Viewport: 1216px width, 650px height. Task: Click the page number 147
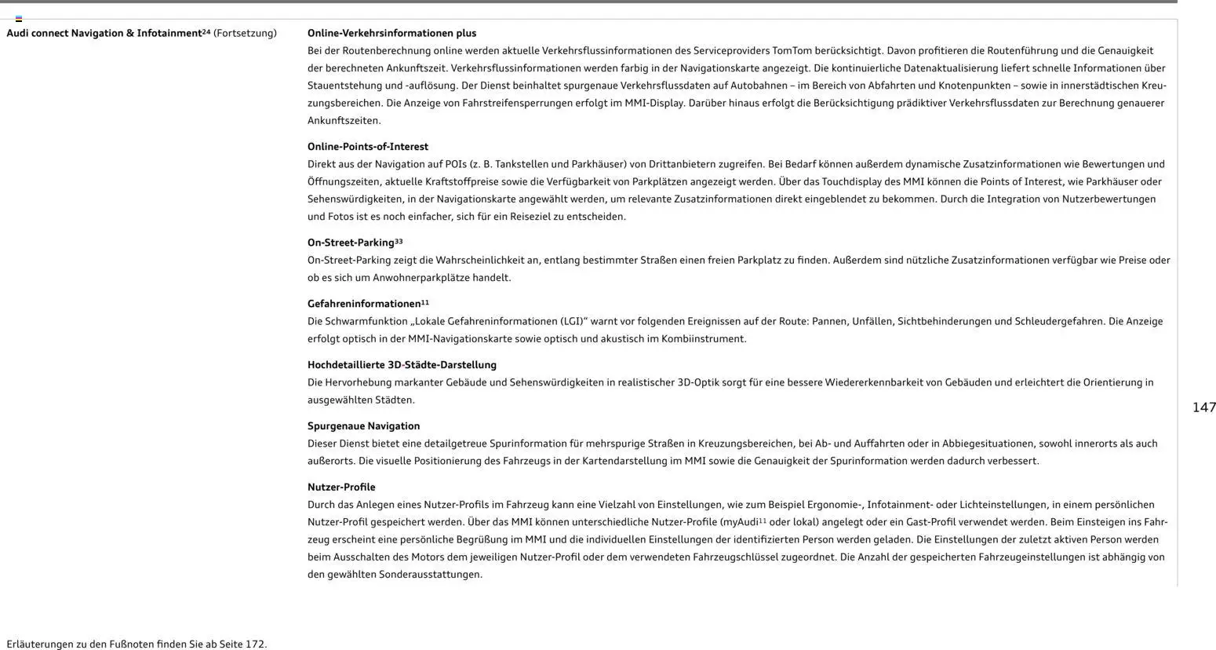pyautogui.click(x=1203, y=407)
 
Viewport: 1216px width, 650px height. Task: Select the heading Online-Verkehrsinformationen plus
pyautogui.click(x=391, y=33)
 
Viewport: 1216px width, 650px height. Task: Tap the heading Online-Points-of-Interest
pyautogui.click(x=368, y=147)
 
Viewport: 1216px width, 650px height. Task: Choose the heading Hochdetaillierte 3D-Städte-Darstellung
pyautogui.click(x=402, y=365)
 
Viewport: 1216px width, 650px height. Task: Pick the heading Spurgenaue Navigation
pyautogui.click(x=363, y=426)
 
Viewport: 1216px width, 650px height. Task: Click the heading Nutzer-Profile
pyautogui.click(x=341, y=487)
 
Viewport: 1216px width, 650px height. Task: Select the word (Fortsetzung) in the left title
pyautogui.click(x=245, y=33)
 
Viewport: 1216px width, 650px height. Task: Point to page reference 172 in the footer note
pyautogui.click(x=255, y=645)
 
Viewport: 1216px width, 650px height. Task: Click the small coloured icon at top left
pyautogui.click(x=19, y=18)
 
